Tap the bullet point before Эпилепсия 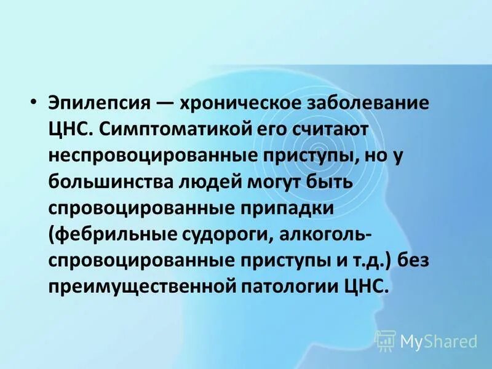click(x=34, y=102)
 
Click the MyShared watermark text click(x=438, y=340)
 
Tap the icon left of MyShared click(x=386, y=340)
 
